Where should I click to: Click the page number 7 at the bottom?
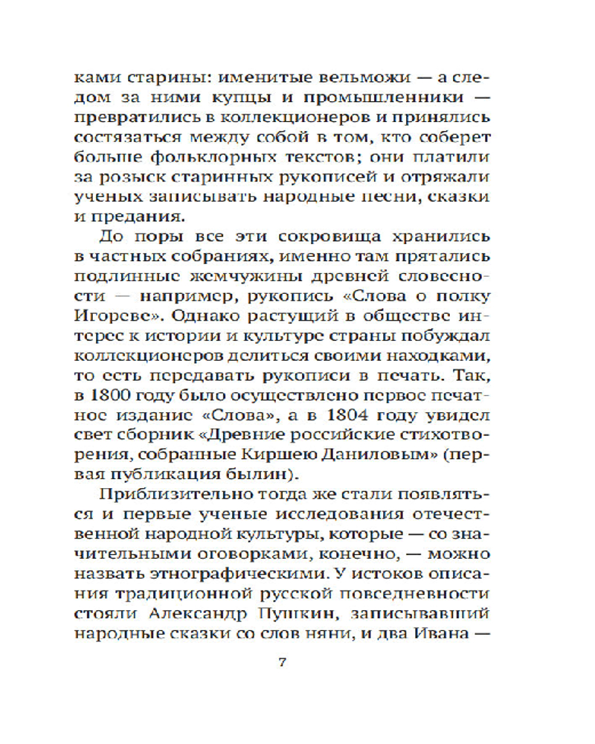(282, 664)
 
